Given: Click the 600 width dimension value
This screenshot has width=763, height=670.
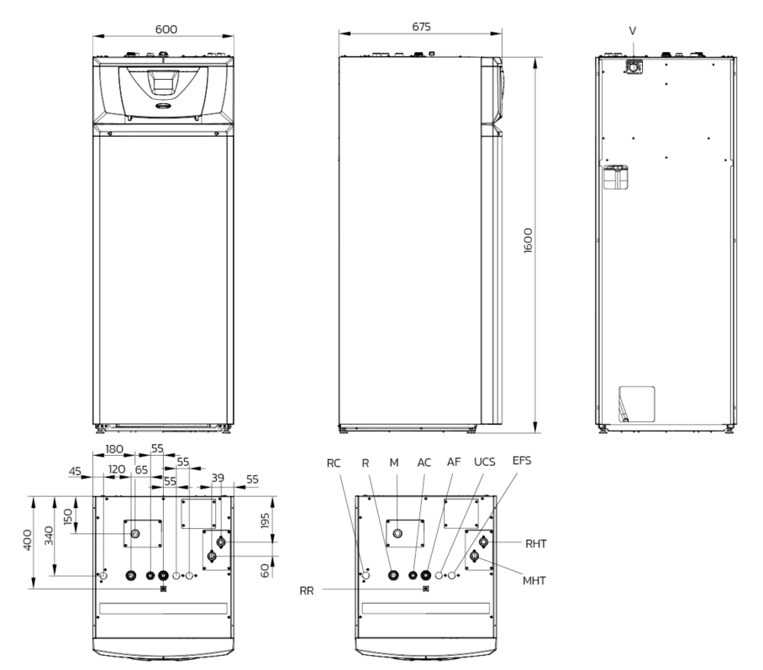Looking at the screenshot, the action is click(x=166, y=29).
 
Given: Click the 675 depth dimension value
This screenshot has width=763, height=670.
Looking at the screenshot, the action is click(x=421, y=27).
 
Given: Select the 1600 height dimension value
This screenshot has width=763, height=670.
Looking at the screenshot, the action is click(x=528, y=240).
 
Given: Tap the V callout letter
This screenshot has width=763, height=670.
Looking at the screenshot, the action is click(x=633, y=31).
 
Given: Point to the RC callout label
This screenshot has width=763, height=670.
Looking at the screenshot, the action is click(x=334, y=463).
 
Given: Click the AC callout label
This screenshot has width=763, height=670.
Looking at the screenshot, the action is click(x=424, y=463).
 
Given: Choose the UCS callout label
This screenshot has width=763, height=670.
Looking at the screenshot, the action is click(x=484, y=462).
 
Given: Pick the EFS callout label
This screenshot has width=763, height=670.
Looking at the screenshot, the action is click(x=522, y=460).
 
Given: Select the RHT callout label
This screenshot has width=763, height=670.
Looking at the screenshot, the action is click(x=536, y=543).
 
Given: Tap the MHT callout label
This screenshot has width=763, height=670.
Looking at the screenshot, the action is click(x=534, y=580).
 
